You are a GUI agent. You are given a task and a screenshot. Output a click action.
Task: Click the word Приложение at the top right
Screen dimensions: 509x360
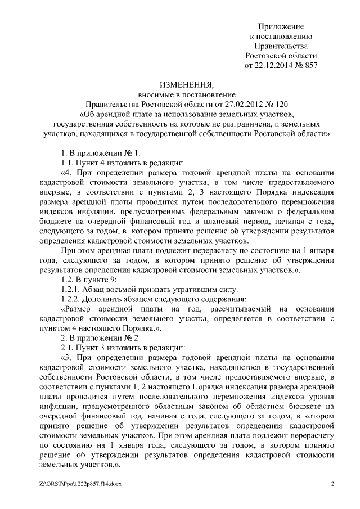coord(281,26)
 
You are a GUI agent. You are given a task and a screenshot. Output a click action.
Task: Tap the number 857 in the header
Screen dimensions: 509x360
coord(310,65)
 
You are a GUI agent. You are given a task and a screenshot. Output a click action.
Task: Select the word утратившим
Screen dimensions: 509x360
coord(199,289)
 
